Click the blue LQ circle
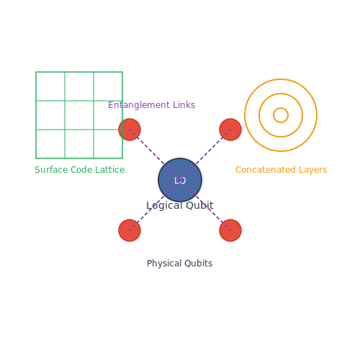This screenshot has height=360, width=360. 180,180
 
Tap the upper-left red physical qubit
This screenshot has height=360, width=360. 130,130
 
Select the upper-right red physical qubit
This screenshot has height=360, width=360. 230,130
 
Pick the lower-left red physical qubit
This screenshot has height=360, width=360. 130,230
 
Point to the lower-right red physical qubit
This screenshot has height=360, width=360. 230,230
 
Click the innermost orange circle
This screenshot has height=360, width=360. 281,108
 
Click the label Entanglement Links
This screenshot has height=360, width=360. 151,105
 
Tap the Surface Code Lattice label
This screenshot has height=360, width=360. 80,170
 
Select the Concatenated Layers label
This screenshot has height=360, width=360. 281,170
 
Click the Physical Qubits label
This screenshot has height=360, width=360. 179,264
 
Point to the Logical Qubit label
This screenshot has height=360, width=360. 180,205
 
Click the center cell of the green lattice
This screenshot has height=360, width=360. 79,115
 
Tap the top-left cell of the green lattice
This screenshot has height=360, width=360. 50,86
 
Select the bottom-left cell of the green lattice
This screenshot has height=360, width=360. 50,144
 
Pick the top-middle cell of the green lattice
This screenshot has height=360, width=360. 79,86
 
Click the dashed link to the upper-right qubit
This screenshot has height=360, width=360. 205,155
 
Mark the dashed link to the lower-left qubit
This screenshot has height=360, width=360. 155,205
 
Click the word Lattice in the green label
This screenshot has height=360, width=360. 110,170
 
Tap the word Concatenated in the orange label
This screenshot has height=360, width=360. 266,170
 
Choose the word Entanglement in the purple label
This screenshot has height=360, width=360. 139,105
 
